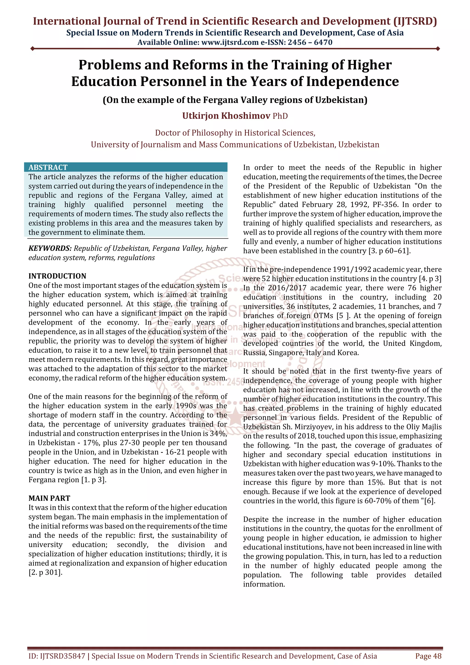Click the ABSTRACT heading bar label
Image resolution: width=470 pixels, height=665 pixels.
48,168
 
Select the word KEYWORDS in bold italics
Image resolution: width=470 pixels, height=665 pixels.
50,249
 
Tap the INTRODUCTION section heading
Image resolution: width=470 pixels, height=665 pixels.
57,276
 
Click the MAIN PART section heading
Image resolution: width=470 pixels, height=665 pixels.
49,498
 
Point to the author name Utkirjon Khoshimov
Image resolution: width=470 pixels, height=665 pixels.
226,116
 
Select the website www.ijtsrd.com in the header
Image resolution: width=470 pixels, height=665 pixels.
230,43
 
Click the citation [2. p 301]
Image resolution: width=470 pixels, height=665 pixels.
45,573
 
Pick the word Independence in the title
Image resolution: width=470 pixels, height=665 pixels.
352,81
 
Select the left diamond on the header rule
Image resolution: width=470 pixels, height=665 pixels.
32,49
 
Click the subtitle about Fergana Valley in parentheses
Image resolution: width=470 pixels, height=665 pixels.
235,100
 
